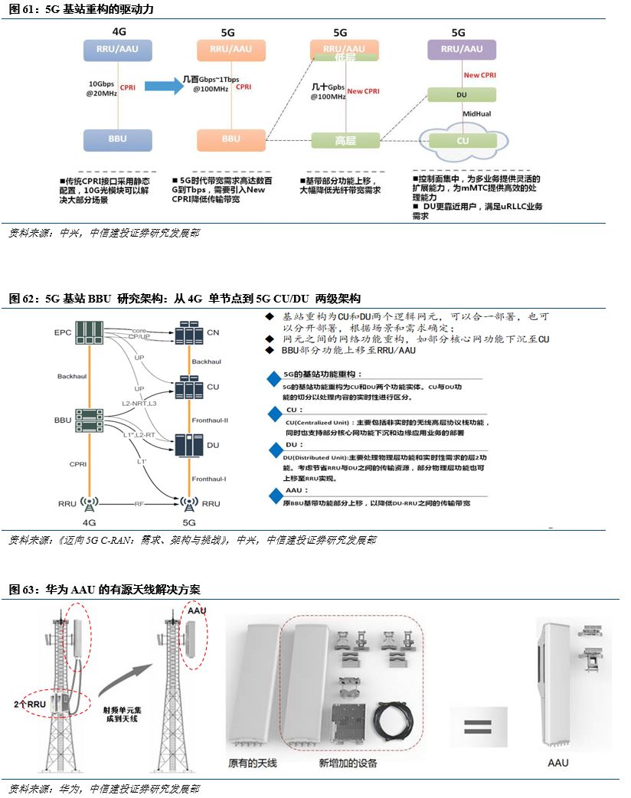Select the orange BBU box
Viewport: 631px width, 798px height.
tap(230, 140)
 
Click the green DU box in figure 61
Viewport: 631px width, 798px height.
tap(461, 95)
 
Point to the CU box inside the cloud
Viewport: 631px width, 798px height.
tap(463, 141)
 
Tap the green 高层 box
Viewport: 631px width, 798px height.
tap(345, 140)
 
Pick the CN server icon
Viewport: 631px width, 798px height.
tap(188, 334)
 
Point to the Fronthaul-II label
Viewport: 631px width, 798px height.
tap(210, 420)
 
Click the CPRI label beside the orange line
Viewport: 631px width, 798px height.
tap(78, 463)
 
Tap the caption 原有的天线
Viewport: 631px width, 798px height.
tap(250, 763)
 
